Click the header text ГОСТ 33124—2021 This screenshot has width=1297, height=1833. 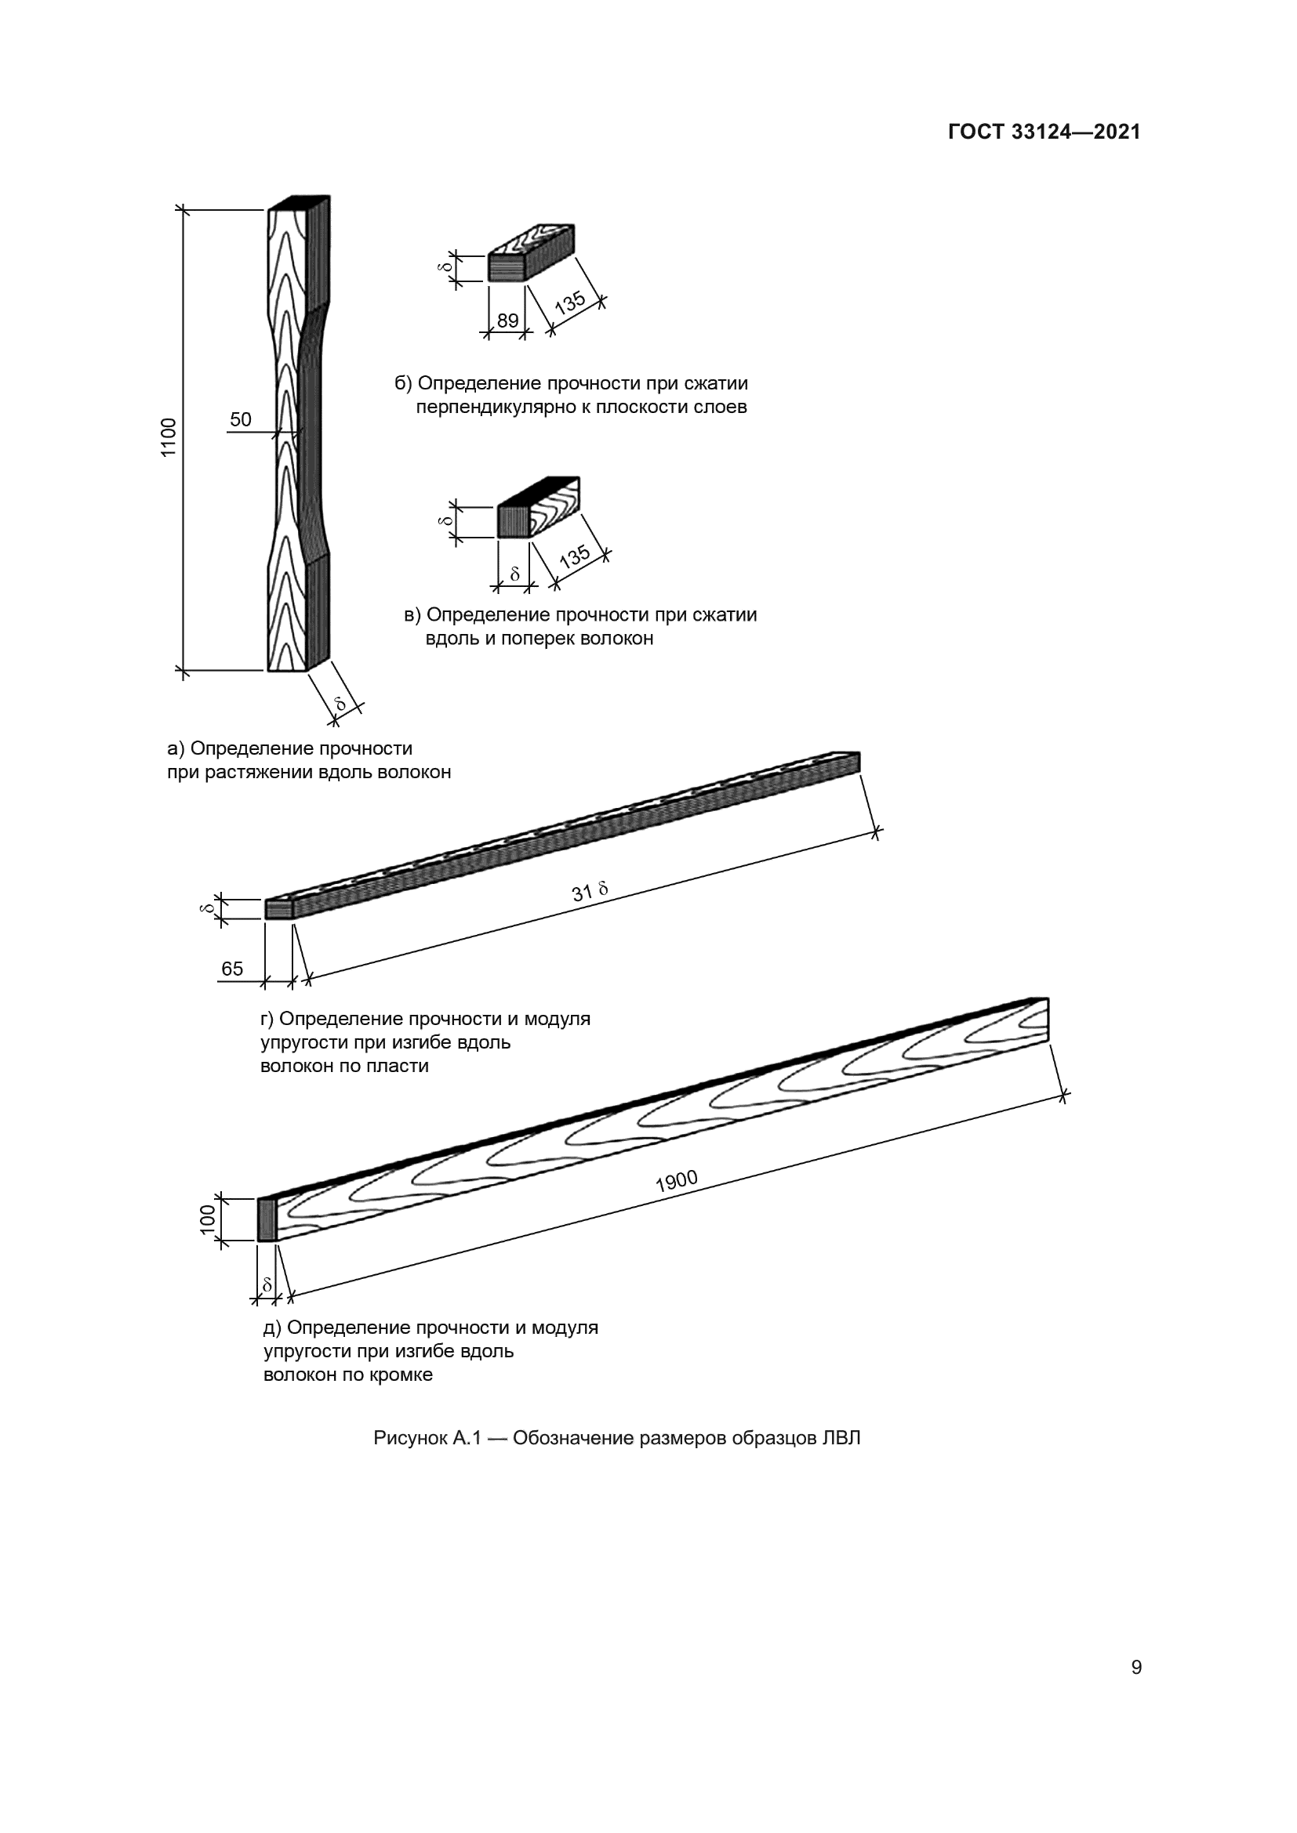1044,132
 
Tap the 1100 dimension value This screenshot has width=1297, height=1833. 169,437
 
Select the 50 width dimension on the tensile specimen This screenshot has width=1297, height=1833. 241,420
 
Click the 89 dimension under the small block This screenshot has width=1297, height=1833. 508,321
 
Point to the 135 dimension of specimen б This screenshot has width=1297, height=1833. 570,302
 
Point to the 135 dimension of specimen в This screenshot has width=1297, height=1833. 574,556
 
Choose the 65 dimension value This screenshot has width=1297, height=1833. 232,969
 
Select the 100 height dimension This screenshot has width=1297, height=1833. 208,1219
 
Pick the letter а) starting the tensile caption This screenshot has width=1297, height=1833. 176,749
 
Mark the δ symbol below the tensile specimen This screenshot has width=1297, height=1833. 341,703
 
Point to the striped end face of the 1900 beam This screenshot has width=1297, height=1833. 267,1219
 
